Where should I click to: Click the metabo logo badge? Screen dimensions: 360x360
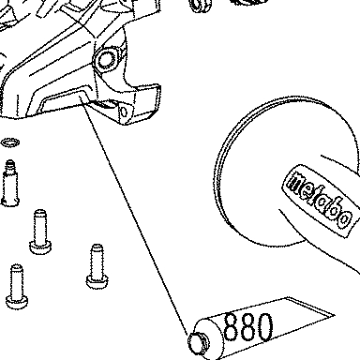[321, 200]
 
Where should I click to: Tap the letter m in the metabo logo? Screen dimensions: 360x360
[295, 182]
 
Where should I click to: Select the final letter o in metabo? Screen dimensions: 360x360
[344, 218]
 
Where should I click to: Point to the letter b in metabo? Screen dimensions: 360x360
[334, 209]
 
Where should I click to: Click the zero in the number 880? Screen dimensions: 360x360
[264, 327]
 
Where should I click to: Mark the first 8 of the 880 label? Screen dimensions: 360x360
[231, 326]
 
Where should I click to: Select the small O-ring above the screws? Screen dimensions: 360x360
[10, 142]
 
